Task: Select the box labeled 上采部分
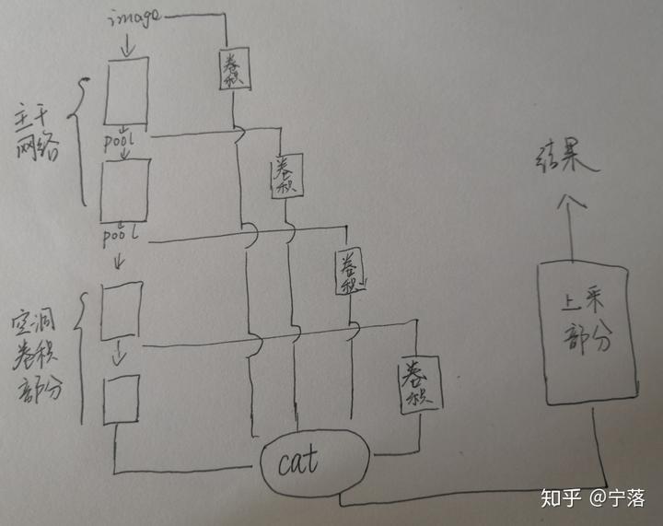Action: [x=586, y=333]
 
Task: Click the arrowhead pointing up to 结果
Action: [x=571, y=200]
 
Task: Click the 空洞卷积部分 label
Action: [x=36, y=356]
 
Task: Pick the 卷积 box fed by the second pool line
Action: [x=351, y=272]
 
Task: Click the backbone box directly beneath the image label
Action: [x=127, y=91]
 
